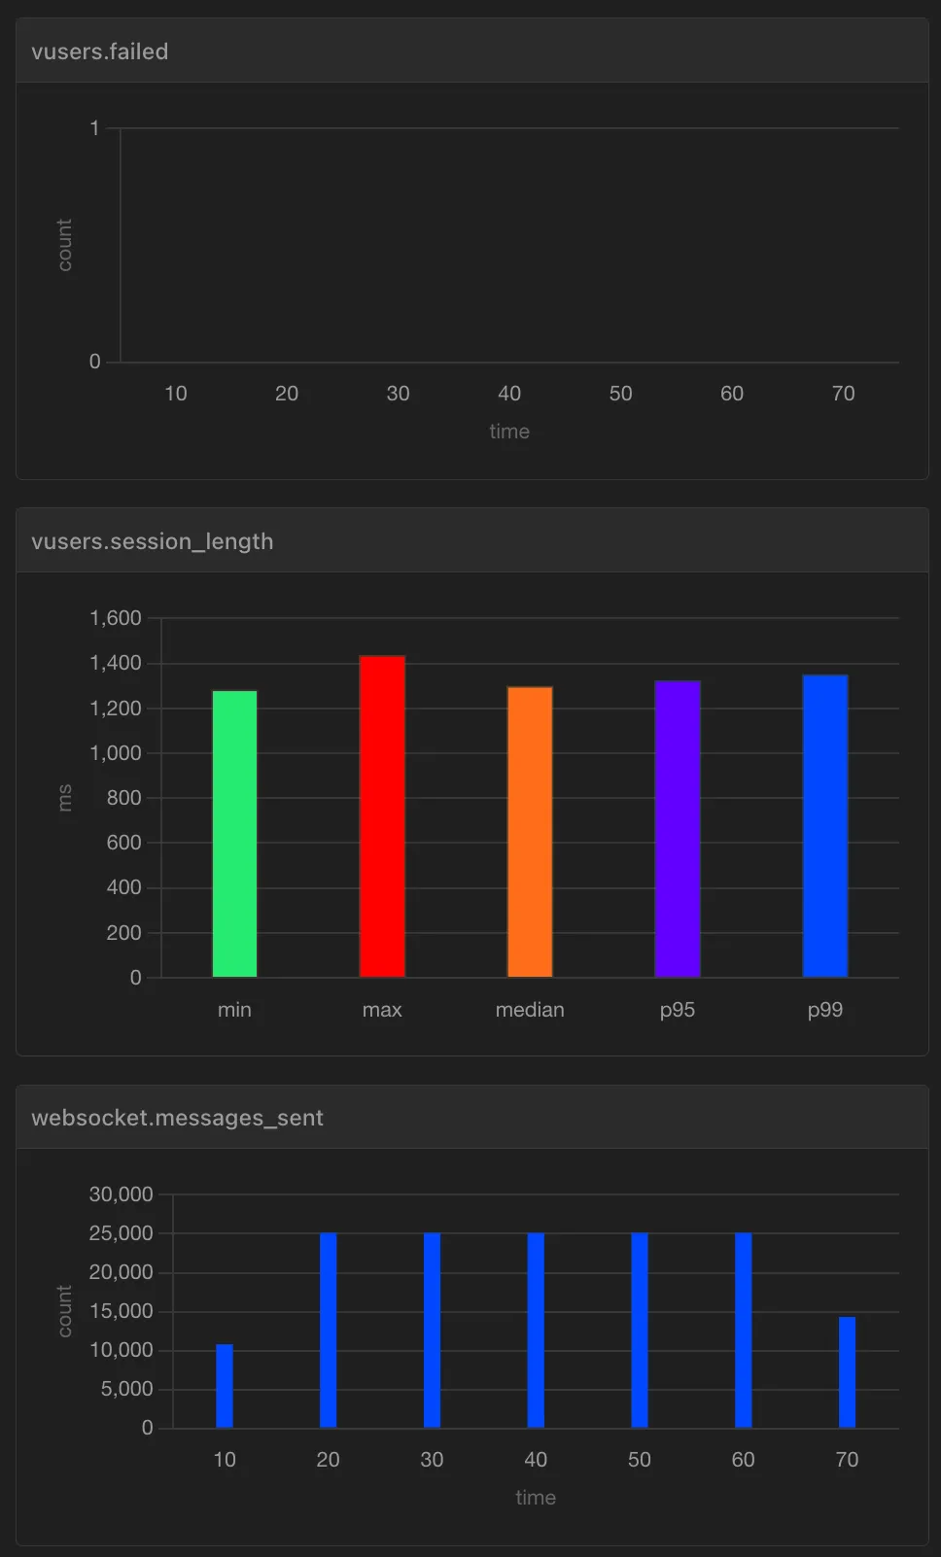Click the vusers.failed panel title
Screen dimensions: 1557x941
[99, 52]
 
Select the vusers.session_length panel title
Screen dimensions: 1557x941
[152, 541]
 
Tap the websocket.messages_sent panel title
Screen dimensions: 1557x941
[177, 1118]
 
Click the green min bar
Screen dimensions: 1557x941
[234, 834]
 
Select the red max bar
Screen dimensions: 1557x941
[382, 816]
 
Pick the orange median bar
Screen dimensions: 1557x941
[530, 832]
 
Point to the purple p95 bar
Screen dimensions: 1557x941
[678, 829]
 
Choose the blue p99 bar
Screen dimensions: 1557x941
[825, 826]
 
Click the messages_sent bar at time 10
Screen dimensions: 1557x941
[225, 1386]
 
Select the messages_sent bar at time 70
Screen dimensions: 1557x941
[847, 1372]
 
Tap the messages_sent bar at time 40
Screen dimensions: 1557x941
[536, 1331]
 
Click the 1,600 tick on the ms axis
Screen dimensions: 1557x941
[116, 618]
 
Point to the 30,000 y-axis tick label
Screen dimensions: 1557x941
[122, 1194]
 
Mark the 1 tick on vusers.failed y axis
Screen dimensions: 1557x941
[95, 128]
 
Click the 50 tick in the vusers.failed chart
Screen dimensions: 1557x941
[620, 394]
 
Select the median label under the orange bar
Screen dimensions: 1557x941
[530, 1010]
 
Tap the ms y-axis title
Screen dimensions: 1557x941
[65, 798]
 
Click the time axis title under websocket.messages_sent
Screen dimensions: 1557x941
[536, 1498]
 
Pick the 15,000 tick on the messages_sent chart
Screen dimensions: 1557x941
[122, 1311]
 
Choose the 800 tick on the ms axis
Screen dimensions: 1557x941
[123, 798]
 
